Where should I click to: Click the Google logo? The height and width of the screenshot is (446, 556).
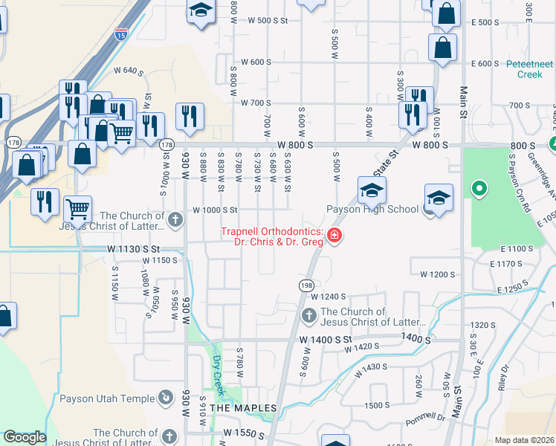tap(25, 437)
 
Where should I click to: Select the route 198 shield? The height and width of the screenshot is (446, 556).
tap(307, 285)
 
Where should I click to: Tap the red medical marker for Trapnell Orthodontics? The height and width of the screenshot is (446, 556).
tap(334, 237)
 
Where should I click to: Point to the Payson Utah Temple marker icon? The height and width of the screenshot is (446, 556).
tap(165, 398)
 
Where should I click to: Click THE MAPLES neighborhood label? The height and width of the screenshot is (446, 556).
tap(243, 408)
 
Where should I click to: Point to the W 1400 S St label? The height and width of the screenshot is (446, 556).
tap(325, 339)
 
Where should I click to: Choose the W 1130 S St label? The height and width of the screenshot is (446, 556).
tap(134, 248)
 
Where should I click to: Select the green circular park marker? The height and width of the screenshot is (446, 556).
tap(479, 188)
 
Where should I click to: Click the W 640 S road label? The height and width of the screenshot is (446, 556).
tap(128, 71)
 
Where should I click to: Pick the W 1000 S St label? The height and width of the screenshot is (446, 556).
tap(214, 210)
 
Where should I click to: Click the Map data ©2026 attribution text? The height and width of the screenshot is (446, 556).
tap(524, 440)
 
